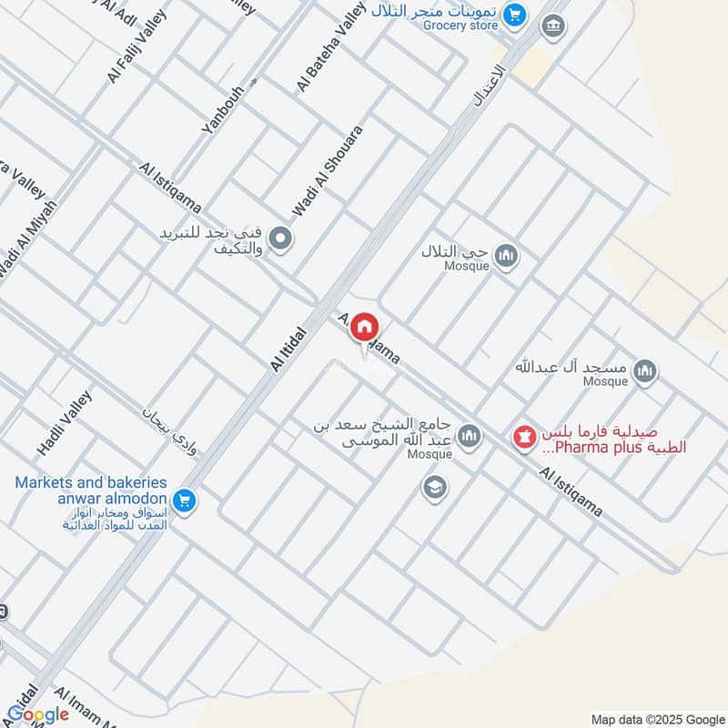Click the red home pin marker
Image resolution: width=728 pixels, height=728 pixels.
365,327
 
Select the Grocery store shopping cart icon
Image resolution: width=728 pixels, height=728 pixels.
515,15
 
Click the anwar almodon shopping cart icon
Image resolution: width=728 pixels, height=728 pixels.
185,500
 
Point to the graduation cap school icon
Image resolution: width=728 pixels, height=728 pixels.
435,488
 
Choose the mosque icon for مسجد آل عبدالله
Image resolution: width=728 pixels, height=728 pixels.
645,371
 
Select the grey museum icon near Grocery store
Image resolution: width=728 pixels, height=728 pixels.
551,26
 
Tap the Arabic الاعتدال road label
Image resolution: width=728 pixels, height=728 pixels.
489,84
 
